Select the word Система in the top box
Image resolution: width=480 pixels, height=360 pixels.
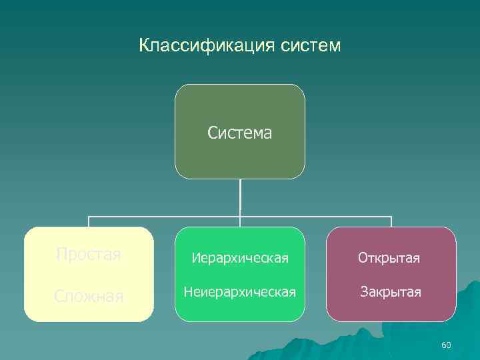pyautogui.click(x=240, y=133)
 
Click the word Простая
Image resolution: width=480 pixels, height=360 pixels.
pyautogui.click(x=89, y=255)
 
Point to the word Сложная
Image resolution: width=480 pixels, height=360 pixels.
pyautogui.click(x=89, y=295)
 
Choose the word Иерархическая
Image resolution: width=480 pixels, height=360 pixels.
pyautogui.click(x=240, y=257)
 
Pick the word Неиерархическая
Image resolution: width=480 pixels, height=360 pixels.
pyautogui.click(x=240, y=291)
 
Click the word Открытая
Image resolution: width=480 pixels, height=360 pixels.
pyautogui.click(x=389, y=257)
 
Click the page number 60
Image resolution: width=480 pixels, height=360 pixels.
pyautogui.click(x=446, y=345)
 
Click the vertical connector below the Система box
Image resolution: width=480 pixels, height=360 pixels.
pyautogui.click(x=240, y=197)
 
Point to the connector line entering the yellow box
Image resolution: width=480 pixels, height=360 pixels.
pyautogui.click(x=89, y=222)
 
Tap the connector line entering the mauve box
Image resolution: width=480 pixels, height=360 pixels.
pyautogui.click(x=391, y=222)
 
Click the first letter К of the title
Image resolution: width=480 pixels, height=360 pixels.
pyautogui.click(x=144, y=46)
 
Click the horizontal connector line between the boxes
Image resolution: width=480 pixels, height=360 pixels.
pyautogui.click(x=167, y=217)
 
